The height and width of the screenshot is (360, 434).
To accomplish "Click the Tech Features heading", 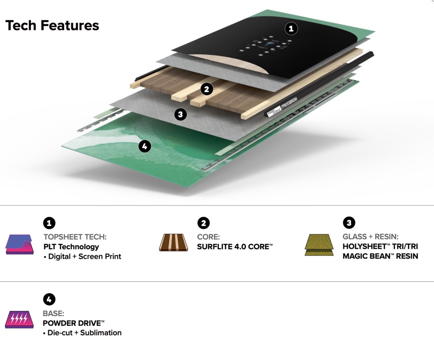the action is point(52,26).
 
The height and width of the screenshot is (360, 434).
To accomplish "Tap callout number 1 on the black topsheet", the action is point(291,28).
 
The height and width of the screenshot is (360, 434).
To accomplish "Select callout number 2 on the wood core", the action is point(207,89).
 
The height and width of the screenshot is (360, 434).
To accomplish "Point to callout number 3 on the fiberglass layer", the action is point(180,114).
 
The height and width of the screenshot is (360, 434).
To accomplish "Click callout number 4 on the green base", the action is point(145,146).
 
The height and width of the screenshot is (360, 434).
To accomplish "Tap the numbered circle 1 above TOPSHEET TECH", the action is point(49,223).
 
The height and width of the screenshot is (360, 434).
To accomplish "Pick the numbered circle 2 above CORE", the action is point(203,223).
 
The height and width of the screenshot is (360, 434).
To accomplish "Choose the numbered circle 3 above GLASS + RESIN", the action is point(349,223).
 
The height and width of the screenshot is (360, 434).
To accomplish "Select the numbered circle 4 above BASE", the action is point(49,299).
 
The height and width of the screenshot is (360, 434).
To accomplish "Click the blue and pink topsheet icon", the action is point(19,244).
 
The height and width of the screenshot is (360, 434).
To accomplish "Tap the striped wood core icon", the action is point(174,243).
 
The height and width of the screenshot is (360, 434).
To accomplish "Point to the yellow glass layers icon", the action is point(319,245).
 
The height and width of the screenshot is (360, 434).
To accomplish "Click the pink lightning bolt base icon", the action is point(19,320).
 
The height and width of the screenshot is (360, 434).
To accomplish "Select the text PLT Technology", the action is point(71,247).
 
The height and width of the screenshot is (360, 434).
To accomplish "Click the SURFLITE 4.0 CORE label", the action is point(235,247).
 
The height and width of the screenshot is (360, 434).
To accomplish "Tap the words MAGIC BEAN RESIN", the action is point(380,256).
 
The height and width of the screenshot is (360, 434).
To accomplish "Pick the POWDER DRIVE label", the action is point(74,323).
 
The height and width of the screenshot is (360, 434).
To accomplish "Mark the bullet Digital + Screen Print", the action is point(82,256).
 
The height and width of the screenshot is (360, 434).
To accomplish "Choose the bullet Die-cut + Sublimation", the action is point(82,333).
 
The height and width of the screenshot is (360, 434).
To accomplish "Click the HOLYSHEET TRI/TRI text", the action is point(380,246).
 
